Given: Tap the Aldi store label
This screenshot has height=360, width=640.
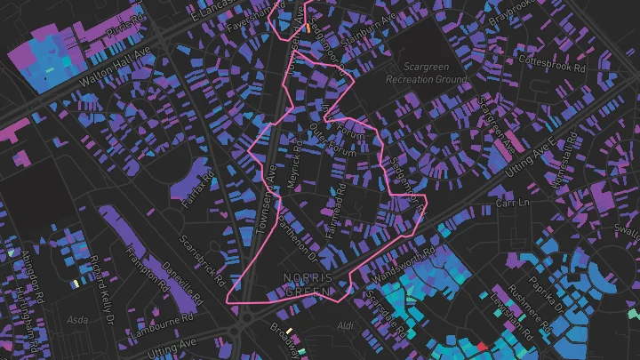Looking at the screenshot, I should coord(345,327).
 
